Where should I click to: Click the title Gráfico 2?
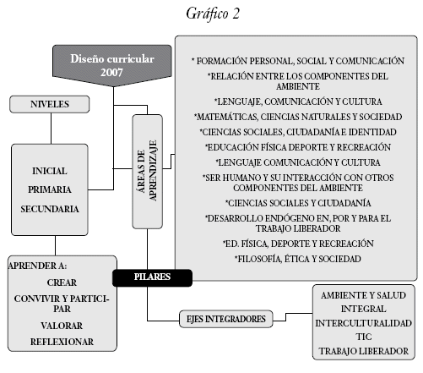point(213,14)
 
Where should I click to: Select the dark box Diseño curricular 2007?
point(112,65)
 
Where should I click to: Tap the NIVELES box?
point(50,104)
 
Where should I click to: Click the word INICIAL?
point(50,171)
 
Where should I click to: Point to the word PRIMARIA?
point(50,189)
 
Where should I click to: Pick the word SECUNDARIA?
point(50,209)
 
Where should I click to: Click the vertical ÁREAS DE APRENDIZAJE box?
point(148,172)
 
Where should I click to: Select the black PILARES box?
point(152,277)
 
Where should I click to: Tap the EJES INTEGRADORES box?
point(226,319)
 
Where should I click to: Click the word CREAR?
point(62,282)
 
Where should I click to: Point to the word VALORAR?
point(62,326)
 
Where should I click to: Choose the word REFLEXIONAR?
point(62,342)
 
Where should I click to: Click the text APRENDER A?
point(37,266)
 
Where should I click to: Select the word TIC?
point(364,337)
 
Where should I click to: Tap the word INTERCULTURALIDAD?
point(364,323)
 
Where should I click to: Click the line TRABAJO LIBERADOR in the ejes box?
point(364,351)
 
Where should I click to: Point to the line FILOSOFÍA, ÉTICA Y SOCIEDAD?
point(298,259)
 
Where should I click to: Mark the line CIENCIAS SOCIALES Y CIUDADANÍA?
point(298,203)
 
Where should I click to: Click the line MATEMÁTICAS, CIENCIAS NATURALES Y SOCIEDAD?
point(298,117)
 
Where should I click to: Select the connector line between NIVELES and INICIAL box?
point(51,129)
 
